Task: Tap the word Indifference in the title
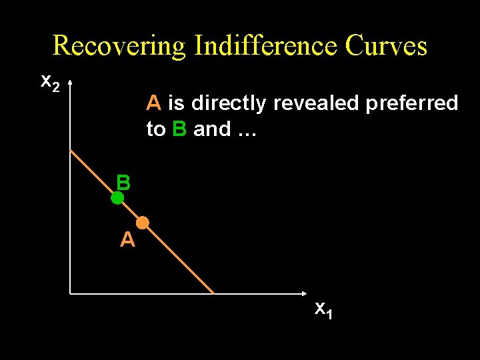[265, 45]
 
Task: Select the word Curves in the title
[386, 45]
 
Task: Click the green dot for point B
[117, 198]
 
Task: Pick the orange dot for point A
[143, 223]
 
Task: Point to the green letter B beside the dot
[123, 182]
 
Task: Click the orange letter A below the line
[127, 239]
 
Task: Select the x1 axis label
[323, 309]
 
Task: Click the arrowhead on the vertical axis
[70, 81]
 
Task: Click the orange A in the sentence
[154, 103]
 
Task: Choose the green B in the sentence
[179, 129]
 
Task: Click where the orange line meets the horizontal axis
[213, 293]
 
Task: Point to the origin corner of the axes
[70, 293]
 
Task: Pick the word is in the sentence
[177, 103]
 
